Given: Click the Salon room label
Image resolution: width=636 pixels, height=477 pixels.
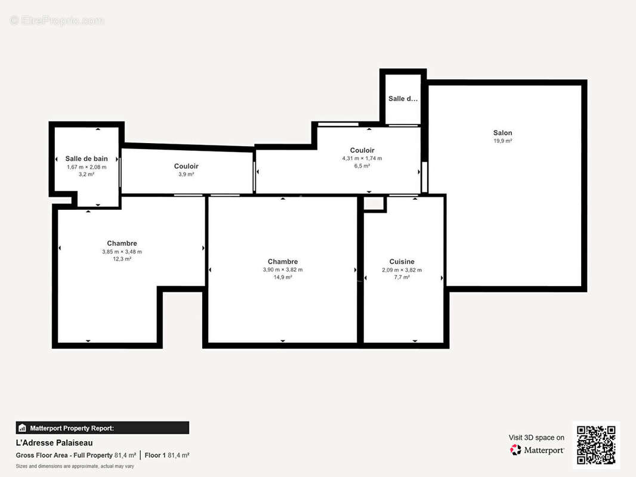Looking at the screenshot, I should [502, 133].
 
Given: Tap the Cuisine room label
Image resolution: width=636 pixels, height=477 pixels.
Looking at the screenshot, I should [402, 262].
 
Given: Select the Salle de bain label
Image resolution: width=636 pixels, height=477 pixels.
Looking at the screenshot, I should [87, 159].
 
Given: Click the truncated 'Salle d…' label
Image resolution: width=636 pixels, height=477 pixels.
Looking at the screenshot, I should [403, 98].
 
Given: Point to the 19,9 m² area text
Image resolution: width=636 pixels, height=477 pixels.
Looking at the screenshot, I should [502, 141].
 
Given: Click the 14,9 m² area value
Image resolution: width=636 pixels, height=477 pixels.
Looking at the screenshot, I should [283, 277].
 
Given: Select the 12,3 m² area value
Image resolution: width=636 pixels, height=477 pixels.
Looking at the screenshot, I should [122, 259].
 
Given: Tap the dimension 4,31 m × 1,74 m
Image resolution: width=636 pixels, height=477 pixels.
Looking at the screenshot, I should [362, 159].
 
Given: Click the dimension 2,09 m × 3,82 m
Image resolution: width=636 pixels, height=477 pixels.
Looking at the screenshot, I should [402, 270].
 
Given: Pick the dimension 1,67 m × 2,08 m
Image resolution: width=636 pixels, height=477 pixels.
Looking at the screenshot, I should [87, 167].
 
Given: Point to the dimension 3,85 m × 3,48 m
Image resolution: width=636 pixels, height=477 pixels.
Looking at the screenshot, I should [122, 252].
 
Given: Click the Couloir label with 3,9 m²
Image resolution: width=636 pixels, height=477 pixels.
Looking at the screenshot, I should [186, 166].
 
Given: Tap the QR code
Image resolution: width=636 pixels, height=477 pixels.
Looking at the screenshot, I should [596, 445].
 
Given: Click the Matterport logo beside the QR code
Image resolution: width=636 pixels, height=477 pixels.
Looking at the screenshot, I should [537, 450].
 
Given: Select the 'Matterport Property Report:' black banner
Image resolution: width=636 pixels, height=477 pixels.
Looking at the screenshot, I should [102, 428].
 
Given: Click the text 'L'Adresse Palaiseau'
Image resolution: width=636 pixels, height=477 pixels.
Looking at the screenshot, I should [54, 443].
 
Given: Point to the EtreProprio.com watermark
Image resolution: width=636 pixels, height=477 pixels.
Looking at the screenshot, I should [57, 21].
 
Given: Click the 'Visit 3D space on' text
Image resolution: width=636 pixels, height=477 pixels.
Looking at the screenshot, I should [536, 438].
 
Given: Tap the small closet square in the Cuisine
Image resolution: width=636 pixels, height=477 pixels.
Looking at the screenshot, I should [374, 204].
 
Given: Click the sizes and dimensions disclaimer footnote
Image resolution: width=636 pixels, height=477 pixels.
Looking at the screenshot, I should [75, 466].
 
